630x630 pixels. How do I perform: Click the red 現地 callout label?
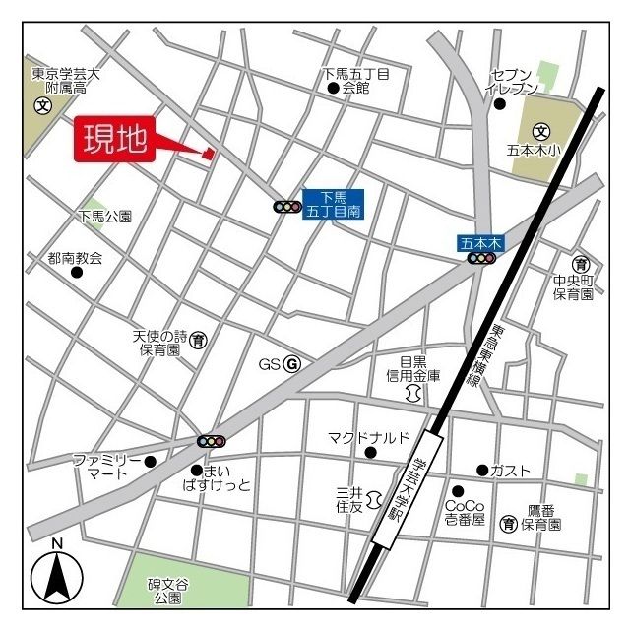click(113, 140)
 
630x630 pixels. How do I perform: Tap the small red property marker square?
click(208, 153)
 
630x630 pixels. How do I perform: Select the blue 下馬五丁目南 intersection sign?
click(333, 204)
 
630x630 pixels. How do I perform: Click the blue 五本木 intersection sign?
click(481, 241)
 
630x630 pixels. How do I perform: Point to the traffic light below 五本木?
click(481, 258)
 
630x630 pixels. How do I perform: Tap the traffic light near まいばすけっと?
click(212, 441)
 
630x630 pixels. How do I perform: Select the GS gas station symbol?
click(291, 365)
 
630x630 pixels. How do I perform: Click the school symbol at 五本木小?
click(540, 130)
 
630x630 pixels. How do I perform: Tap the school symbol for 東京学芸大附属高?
click(43, 106)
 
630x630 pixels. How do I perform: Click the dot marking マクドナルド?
click(370, 452)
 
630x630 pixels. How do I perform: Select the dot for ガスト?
click(482, 470)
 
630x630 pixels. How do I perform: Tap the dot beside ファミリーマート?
click(150, 461)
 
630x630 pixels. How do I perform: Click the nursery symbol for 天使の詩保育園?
click(199, 340)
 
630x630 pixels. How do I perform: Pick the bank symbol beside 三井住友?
click(374, 502)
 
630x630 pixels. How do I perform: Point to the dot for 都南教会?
click(76, 272)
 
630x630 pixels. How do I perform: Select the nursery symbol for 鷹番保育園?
click(509, 521)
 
